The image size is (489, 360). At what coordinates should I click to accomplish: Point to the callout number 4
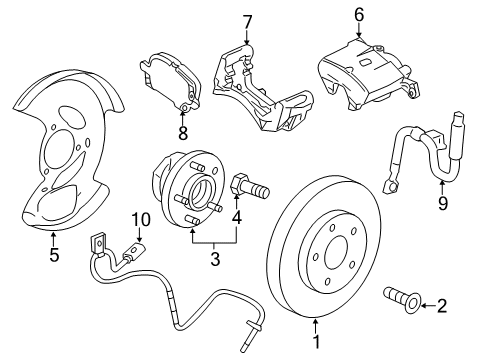point(237,215)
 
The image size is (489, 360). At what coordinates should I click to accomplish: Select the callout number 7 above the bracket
point(247,21)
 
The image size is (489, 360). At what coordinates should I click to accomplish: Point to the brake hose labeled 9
point(420,160)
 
